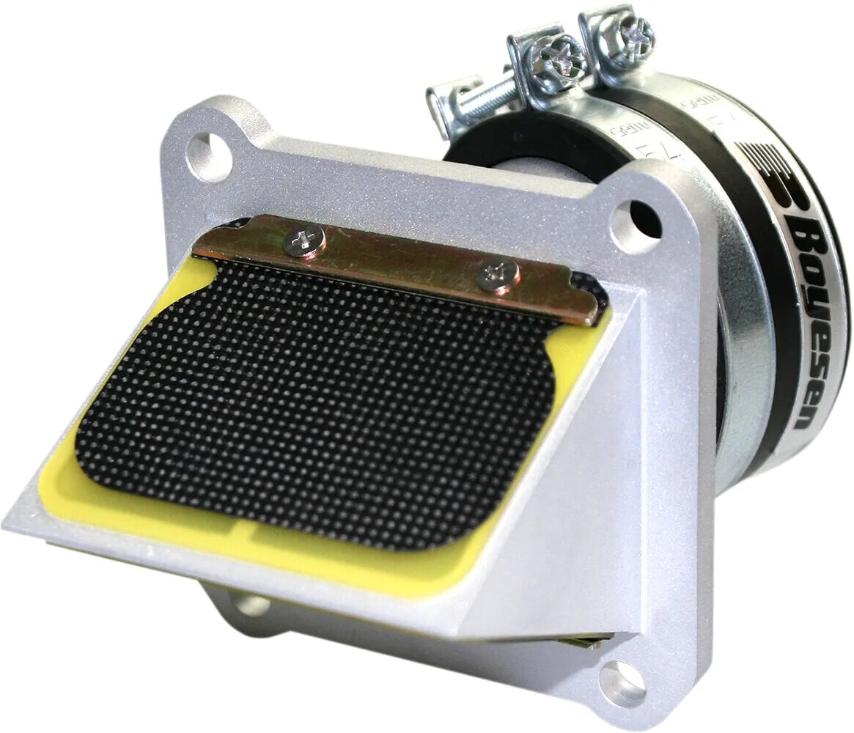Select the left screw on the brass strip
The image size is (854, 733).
pos(305,240)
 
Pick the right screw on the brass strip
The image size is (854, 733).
pos(498,276)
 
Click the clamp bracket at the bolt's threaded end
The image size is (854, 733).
pos(443,106)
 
